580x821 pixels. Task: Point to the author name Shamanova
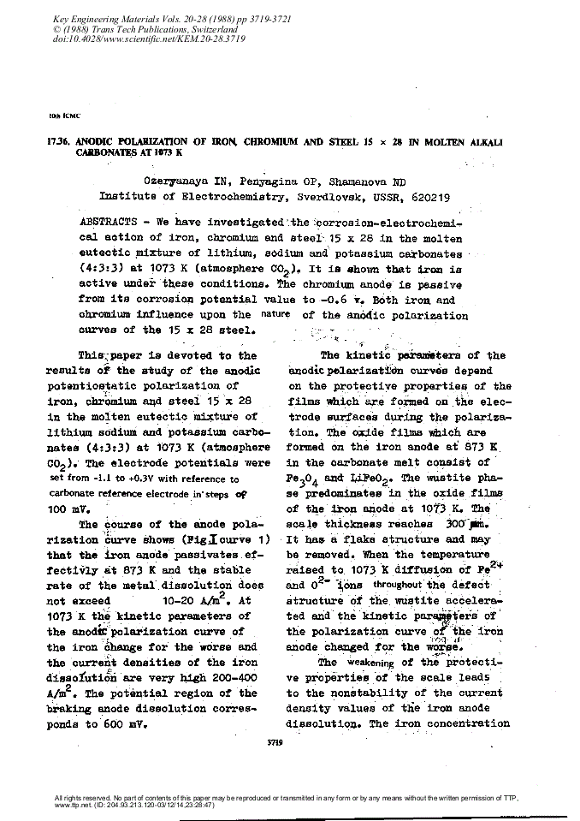pos(352,181)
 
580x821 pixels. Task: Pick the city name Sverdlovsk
pos(313,195)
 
